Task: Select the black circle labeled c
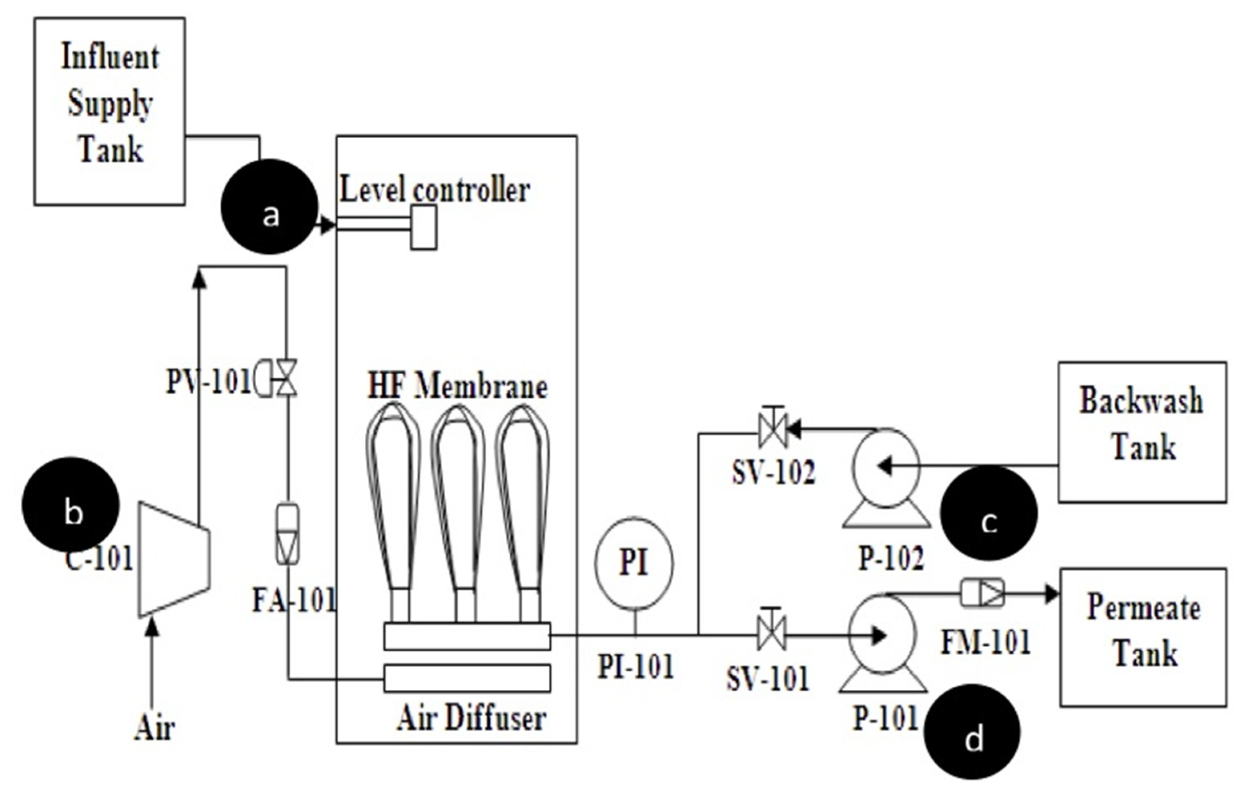tap(989, 513)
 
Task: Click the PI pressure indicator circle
tap(634, 563)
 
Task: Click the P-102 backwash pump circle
tap(886, 467)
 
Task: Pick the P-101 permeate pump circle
tap(882, 634)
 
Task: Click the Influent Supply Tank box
tap(110, 111)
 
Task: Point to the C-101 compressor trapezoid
tap(174, 559)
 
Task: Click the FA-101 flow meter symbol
tap(287, 534)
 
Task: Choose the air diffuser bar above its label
tap(467, 678)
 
